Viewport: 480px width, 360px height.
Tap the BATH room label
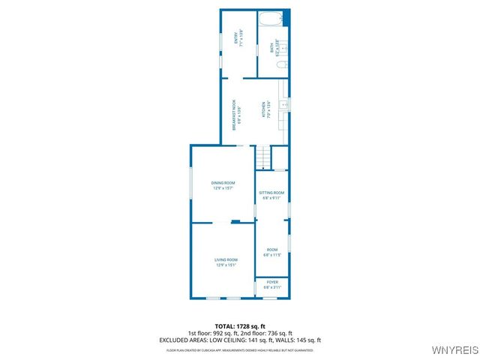[271, 47]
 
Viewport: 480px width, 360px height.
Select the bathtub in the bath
[271, 18]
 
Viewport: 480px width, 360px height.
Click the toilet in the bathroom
[280, 66]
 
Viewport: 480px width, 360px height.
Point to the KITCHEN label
[263, 111]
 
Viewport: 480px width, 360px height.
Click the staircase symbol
[262, 158]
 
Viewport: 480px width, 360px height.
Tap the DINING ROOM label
[223, 183]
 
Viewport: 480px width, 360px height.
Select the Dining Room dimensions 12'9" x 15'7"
[223, 189]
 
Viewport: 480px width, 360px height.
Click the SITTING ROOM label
[271, 193]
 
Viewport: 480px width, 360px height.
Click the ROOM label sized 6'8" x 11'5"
[271, 250]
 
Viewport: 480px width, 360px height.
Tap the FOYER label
[271, 283]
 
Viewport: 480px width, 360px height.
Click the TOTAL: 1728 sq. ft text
[239, 326]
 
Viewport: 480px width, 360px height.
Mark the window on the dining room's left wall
[190, 188]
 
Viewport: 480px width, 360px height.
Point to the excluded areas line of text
[239, 340]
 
